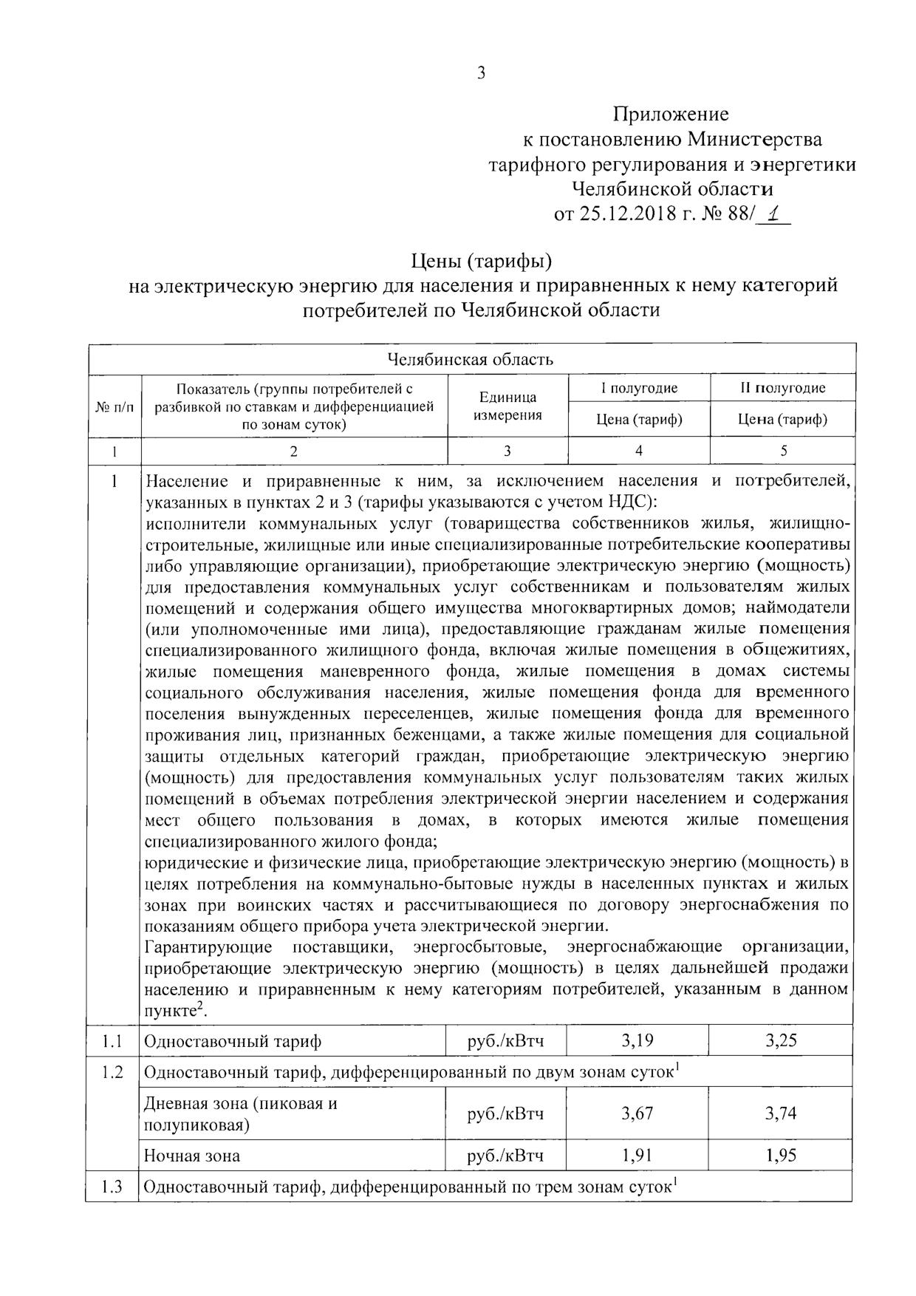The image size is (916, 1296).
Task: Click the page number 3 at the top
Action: coord(481,73)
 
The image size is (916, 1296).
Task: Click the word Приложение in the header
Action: coord(671,114)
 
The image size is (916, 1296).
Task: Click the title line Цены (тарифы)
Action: coord(481,261)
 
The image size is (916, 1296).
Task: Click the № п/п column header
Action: coord(115,406)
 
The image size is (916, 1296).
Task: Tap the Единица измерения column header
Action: coord(507,406)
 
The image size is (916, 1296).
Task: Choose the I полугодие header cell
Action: coord(638,388)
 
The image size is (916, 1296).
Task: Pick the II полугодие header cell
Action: coord(782,388)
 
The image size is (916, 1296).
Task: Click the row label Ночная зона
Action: coord(192,1156)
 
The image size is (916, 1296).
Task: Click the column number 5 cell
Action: coord(783,451)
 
